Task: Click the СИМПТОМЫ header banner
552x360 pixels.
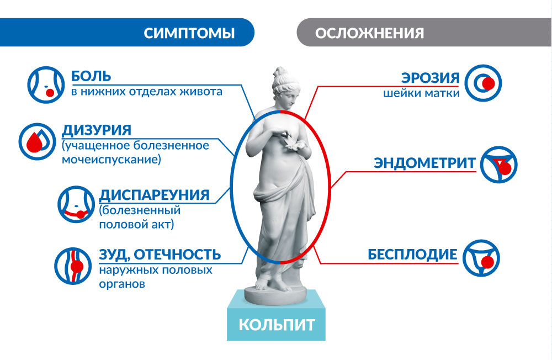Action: pyautogui.click(x=189, y=33)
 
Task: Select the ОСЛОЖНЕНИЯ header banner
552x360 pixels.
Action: pyautogui.click(x=369, y=33)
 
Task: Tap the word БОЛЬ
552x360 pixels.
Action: pyautogui.click(x=91, y=76)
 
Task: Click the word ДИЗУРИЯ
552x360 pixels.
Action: pyautogui.click(x=97, y=131)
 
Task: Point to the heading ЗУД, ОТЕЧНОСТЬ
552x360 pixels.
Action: pyautogui.click(x=160, y=255)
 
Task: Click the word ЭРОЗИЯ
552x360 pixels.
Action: pyautogui.click(x=430, y=77)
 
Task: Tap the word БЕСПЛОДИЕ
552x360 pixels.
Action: pyautogui.click(x=412, y=255)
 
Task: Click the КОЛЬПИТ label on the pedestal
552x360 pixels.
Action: pyautogui.click(x=277, y=324)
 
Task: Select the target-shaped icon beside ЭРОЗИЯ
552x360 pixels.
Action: pyautogui.click(x=484, y=83)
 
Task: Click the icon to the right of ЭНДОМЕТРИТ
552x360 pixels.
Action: pyautogui.click(x=498, y=164)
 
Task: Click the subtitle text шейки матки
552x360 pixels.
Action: pyautogui.click(x=421, y=93)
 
